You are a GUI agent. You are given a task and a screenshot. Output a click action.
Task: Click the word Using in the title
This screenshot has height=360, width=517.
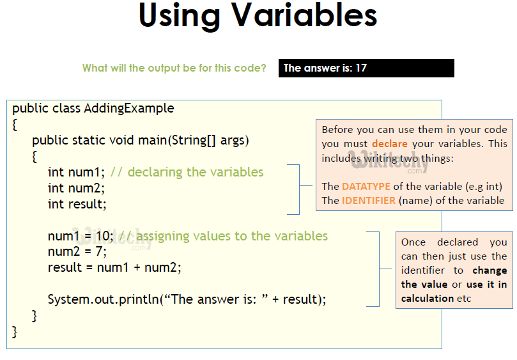[180, 17]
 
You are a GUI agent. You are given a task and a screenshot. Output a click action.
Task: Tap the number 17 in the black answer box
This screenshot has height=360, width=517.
[361, 68]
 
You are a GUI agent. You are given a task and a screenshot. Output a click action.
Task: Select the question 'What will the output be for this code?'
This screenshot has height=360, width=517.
[174, 68]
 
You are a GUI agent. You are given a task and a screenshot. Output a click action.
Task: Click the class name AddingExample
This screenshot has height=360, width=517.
[129, 108]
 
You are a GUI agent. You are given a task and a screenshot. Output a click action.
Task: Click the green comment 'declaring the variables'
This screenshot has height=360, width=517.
[196, 172]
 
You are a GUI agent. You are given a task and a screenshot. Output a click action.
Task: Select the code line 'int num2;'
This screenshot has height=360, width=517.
[76, 188]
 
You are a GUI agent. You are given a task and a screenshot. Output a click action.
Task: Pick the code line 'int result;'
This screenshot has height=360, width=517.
[77, 204]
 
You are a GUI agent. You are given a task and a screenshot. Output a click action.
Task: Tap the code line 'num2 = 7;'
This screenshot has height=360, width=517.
[77, 251]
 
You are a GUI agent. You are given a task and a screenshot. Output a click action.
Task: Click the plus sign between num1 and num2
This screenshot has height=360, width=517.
[137, 268]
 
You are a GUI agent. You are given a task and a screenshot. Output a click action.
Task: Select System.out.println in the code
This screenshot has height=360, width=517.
[103, 299]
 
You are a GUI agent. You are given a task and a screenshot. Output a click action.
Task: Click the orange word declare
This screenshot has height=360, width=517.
[390, 144]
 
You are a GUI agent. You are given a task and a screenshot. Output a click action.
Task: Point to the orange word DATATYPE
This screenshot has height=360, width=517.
[366, 187]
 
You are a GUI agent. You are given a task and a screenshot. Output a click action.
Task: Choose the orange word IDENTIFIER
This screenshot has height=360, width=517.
[369, 201]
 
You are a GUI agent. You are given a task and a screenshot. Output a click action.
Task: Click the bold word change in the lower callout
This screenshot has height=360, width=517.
[490, 270]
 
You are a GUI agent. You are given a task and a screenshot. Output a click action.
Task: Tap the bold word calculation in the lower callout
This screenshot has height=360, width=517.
[428, 299]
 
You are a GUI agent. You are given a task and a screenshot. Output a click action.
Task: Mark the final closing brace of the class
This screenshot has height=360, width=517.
[14, 332]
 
